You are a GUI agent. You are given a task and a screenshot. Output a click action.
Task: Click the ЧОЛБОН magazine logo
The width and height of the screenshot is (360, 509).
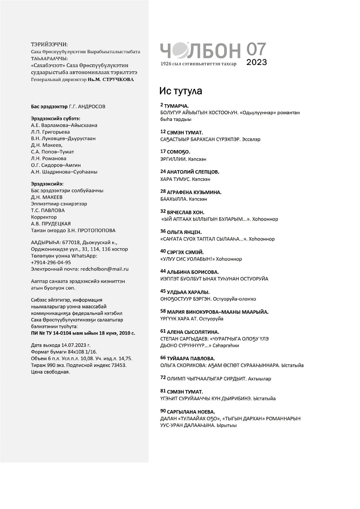click(x=200, y=50)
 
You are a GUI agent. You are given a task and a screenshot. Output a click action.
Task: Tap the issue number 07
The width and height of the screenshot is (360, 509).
click(x=256, y=49)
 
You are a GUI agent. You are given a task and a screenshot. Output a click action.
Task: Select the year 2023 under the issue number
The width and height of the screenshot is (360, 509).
click(x=257, y=62)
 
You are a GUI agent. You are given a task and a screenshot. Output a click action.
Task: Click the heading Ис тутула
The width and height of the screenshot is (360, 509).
click(x=181, y=91)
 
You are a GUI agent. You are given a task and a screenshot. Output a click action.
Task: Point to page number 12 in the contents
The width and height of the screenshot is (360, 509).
click(x=163, y=132)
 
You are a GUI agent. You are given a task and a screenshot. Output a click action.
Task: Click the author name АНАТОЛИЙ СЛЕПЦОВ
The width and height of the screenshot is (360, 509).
click(x=193, y=172)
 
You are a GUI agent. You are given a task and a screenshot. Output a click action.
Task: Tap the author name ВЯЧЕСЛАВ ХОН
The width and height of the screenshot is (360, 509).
click(x=185, y=212)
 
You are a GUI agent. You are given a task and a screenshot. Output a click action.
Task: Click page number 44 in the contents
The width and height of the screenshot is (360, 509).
click(x=163, y=272)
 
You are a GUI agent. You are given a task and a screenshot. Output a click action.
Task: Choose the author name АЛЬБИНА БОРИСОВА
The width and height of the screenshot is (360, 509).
click(x=193, y=272)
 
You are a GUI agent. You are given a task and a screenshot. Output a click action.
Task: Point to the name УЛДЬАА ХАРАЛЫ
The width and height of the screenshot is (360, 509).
click(x=188, y=292)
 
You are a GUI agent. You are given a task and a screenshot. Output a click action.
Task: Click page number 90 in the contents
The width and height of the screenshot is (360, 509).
click(x=163, y=411)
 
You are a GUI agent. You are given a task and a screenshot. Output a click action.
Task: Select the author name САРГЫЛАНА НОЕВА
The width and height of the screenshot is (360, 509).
click(x=191, y=412)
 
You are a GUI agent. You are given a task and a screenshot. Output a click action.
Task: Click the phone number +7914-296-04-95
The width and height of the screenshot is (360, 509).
click(x=51, y=262)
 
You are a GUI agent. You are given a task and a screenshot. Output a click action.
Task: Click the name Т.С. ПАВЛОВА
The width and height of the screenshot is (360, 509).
click(x=48, y=210)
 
